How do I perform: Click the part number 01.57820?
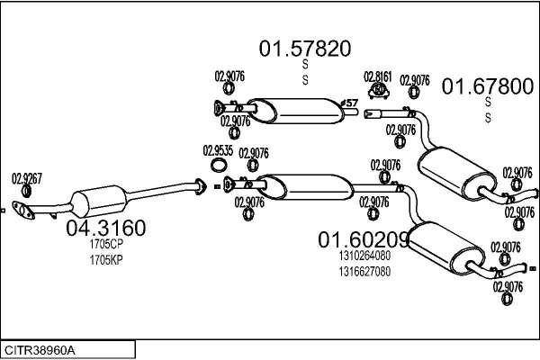pyautogui.click(x=305, y=48)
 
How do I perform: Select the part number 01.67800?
pyautogui.click(x=487, y=86)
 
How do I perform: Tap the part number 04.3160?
pyautogui.click(x=105, y=228)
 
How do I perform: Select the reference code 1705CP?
pyautogui.click(x=105, y=244)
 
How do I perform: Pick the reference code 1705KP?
pyautogui.click(x=105, y=259)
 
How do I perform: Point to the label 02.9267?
pyautogui.click(x=26, y=178)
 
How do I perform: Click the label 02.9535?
pyautogui.click(x=218, y=150)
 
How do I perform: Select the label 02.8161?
pyautogui.click(x=377, y=76)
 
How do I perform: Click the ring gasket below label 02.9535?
pyautogui.click(x=219, y=166)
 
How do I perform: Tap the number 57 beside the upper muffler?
pyautogui.click(x=352, y=103)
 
